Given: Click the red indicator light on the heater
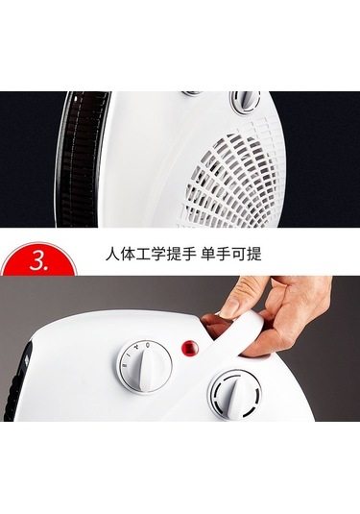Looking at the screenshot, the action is [190, 348].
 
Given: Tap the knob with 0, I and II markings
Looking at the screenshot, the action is [144, 367].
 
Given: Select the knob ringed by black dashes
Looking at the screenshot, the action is [234, 395].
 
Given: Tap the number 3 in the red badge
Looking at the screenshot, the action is [37, 261].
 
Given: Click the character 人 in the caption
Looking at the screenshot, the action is [112, 253].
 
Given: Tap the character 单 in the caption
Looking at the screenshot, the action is [208, 253].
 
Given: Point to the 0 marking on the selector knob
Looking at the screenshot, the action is [150, 345].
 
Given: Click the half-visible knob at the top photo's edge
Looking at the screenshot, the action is [193, 93].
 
